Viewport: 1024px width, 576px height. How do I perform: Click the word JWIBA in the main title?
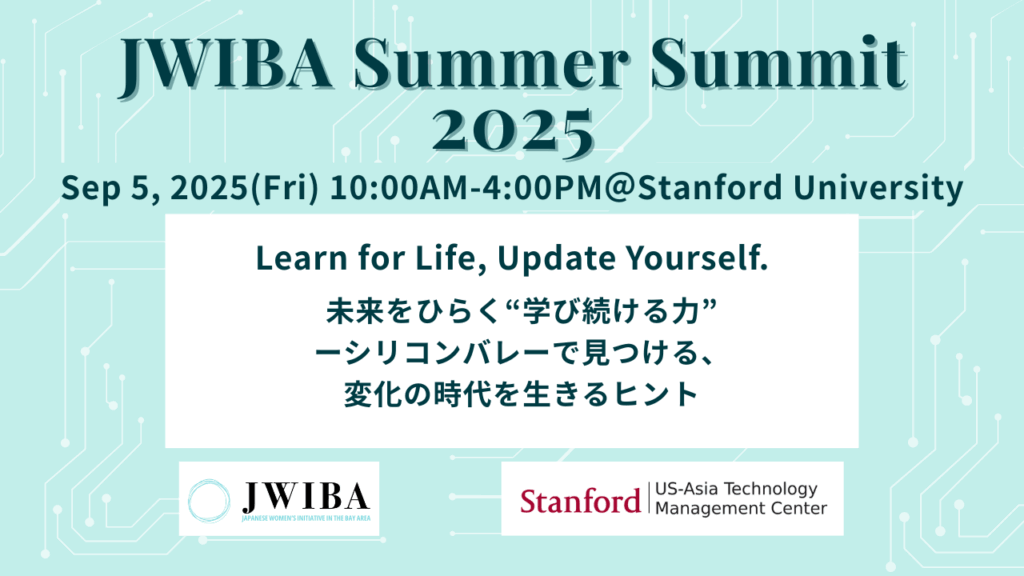[x=225, y=65]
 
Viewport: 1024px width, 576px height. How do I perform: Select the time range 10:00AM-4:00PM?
[x=466, y=188]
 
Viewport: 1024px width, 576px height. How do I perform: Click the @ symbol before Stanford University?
[x=620, y=188]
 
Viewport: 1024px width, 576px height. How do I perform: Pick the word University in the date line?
[x=878, y=188]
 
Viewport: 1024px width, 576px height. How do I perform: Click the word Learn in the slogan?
[x=301, y=258]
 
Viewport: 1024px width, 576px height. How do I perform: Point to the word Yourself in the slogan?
[x=697, y=258]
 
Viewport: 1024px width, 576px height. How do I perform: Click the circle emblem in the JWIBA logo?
[x=208, y=501]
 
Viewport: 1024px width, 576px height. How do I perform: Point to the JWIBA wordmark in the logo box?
[x=306, y=498]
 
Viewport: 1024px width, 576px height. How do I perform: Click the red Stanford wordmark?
[x=580, y=501]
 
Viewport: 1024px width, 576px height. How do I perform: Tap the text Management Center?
[x=741, y=507]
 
